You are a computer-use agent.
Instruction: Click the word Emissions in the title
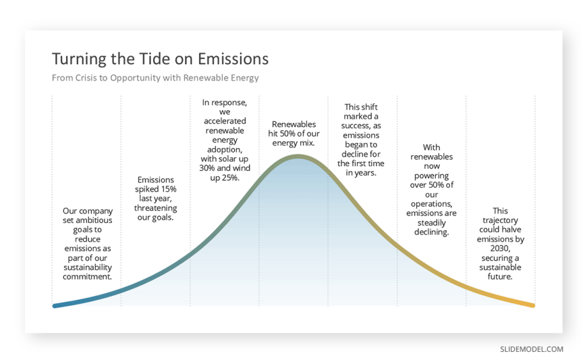[x=233, y=59]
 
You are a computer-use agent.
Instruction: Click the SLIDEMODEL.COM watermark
[x=532, y=349]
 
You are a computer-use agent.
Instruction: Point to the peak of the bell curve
[x=298, y=156]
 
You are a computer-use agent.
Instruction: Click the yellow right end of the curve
[x=533, y=305]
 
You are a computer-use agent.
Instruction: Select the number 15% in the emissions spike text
[x=168, y=189]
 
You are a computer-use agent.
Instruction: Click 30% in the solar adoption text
[x=206, y=168]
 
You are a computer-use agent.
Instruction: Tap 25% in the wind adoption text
[x=230, y=178]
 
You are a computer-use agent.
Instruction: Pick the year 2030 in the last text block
[x=500, y=249]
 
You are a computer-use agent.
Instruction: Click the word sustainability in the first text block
[x=88, y=267]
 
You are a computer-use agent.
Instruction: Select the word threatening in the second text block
[x=155, y=208]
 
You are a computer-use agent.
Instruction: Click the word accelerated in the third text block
[x=225, y=121]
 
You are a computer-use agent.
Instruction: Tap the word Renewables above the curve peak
[x=294, y=124]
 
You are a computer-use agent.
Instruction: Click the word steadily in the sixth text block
[x=431, y=223]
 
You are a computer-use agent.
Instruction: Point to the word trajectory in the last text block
[x=500, y=220]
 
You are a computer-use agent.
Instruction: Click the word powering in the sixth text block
[x=431, y=176]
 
